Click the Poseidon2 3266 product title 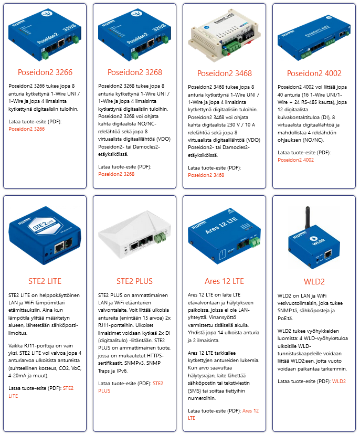pyautogui.click(x=45, y=72)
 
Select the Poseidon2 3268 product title pyautogui.click(x=135, y=72)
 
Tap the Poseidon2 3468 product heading pyautogui.click(x=225, y=73)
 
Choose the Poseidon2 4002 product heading pyautogui.click(x=314, y=73)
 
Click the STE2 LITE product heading pyautogui.click(x=45, y=281)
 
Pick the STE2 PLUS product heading pyautogui.click(x=134, y=281)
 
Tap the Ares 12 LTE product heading pyautogui.click(x=225, y=281)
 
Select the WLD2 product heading pyautogui.click(x=314, y=282)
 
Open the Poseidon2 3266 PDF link pyautogui.click(x=27, y=129)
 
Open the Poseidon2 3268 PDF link pyautogui.click(x=116, y=174)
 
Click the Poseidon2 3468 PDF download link pyautogui.click(x=206, y=175)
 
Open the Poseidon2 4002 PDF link pyautogui.click(x=295, y=160)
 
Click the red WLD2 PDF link pyautogui.click(x=339, y=382)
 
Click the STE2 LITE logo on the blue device pyautogui.click(x=44, y=226)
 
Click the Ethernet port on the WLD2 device pyautogui.click(x=328, y=254)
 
